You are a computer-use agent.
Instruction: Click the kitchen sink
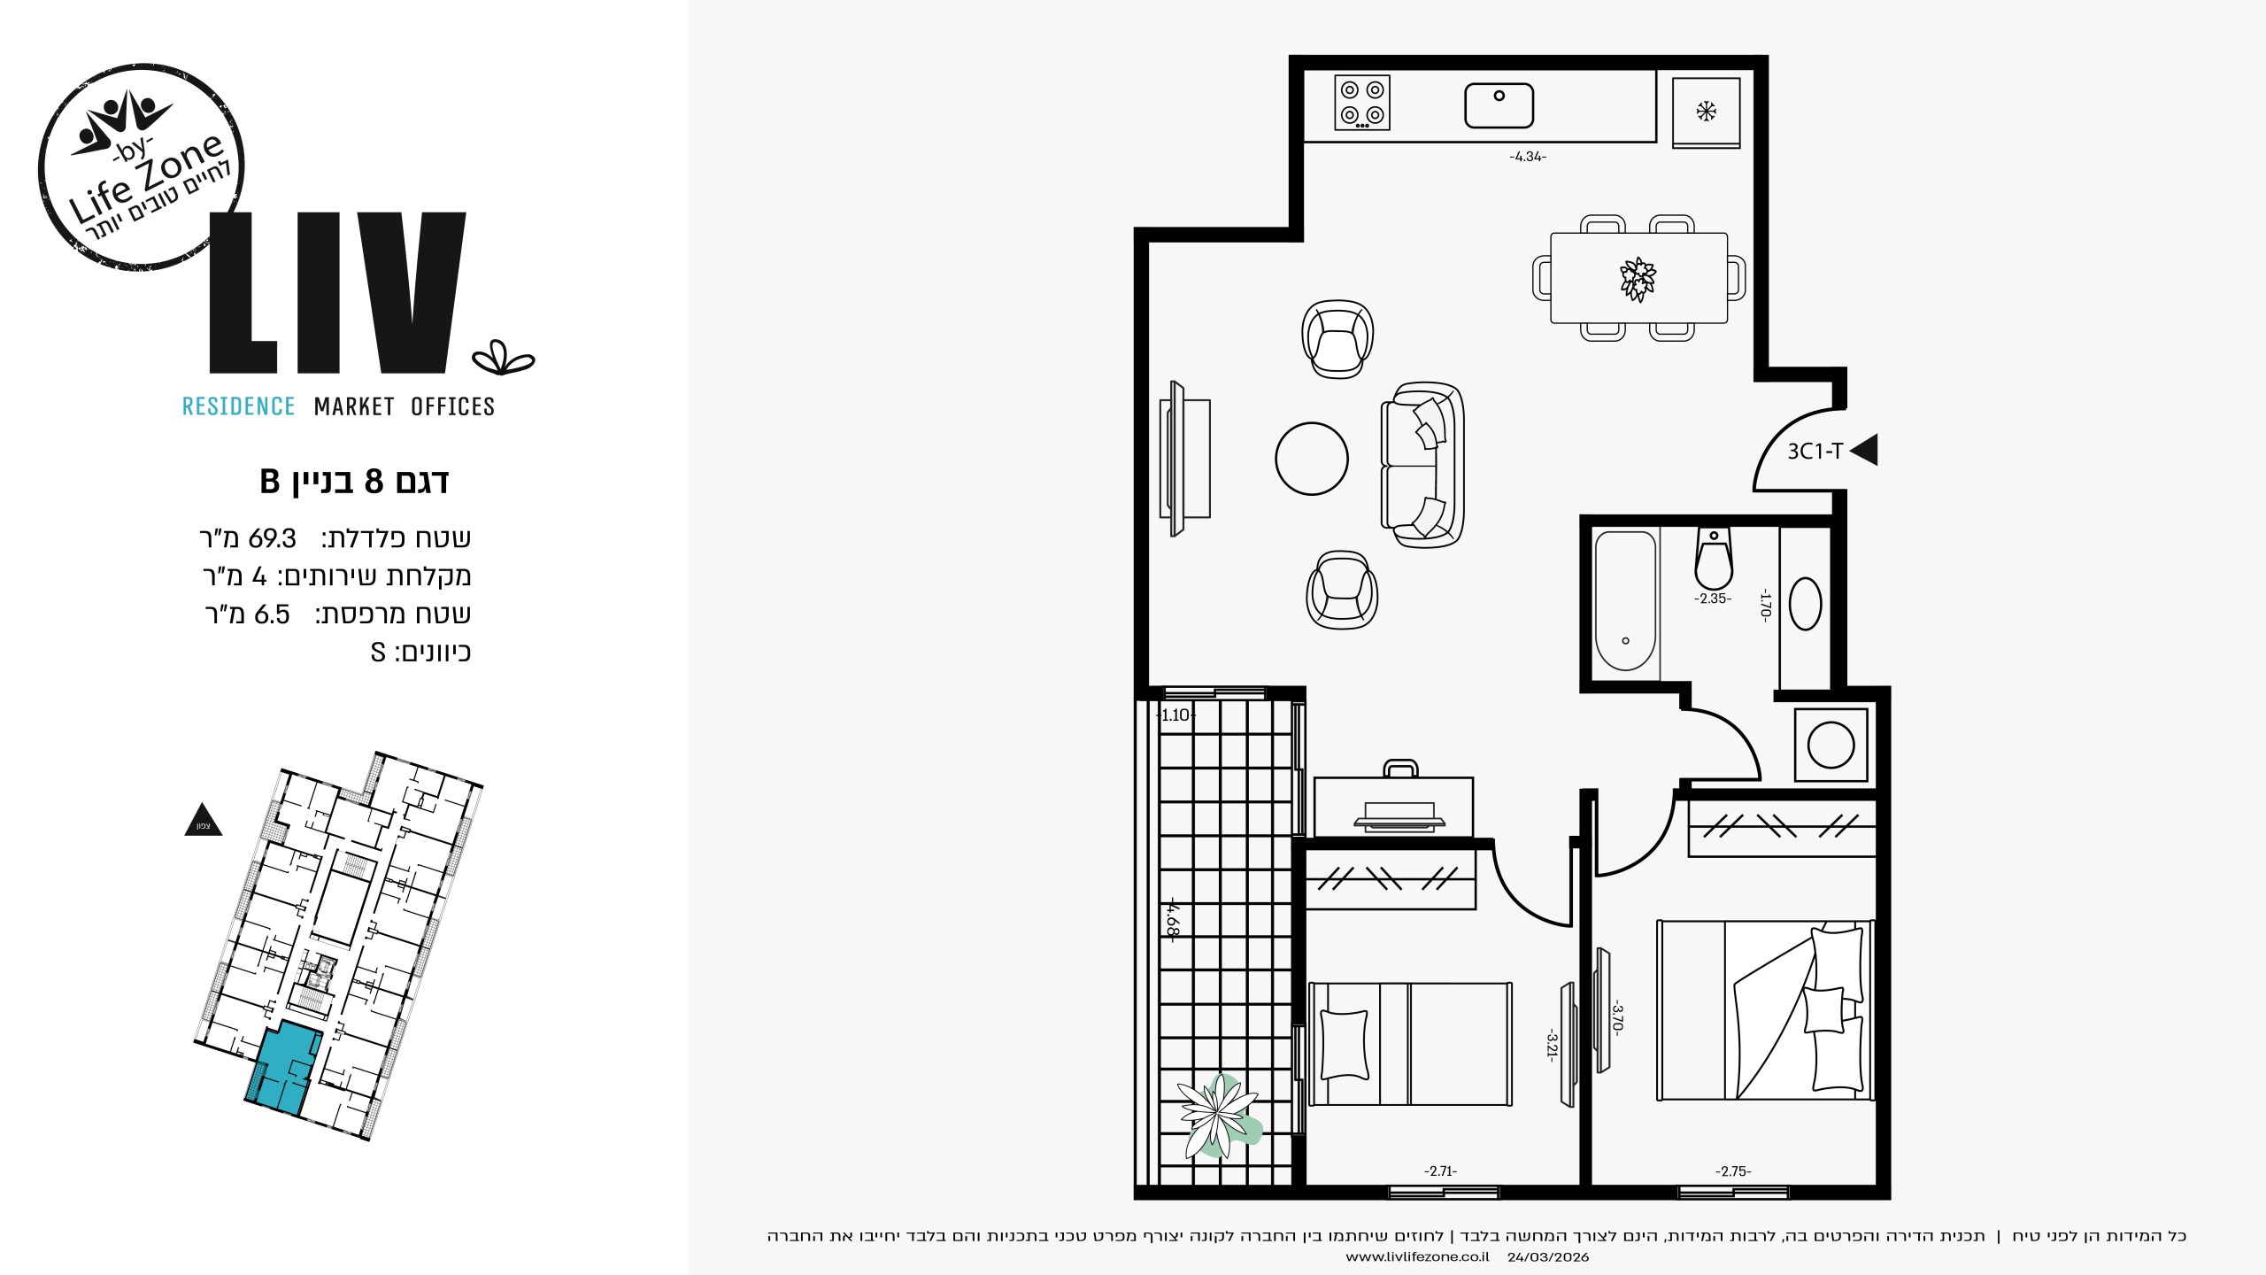pyautogui.click(x=1499, y=105)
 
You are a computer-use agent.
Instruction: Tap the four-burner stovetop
pyautogui.click(x=1362, y=103)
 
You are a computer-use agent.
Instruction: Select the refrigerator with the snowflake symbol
pyautogui.click(x=1706, y=112)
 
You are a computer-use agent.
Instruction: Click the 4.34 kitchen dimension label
pyautogui.click(x=1528, y=157)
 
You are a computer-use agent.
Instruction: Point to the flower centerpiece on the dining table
pyautogui.click(x=1638, y=279)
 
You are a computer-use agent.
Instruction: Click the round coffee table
pyautogui.click(x=1312, y=459)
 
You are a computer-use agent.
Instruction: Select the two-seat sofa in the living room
pyautogui.click(x=1422, y=464)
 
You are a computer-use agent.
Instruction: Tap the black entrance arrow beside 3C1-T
pyautogui.click(x=1864, y=450)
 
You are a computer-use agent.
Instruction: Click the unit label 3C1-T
pyautogui.click(x=1815, y=452)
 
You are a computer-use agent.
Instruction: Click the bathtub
pyautogui.click(x=1625, y=601)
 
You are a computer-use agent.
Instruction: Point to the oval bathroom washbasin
pyautogui.click(x=1805, y=604)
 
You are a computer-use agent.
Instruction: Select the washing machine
pyautogui.click(x=1831, y=744)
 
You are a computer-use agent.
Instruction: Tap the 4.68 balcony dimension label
pyautogui.click(x=1172, y=920)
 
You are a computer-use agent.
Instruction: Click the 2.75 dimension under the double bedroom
pyautogui.click(x=1733, y=1171)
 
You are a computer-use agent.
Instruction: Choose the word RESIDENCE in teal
pyautogui.click(x=238, y=406)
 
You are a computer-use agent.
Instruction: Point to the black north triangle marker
pyautogui.click(x=203, y=820)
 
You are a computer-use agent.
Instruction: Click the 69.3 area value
pyautogui.click(x=273, y=538)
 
